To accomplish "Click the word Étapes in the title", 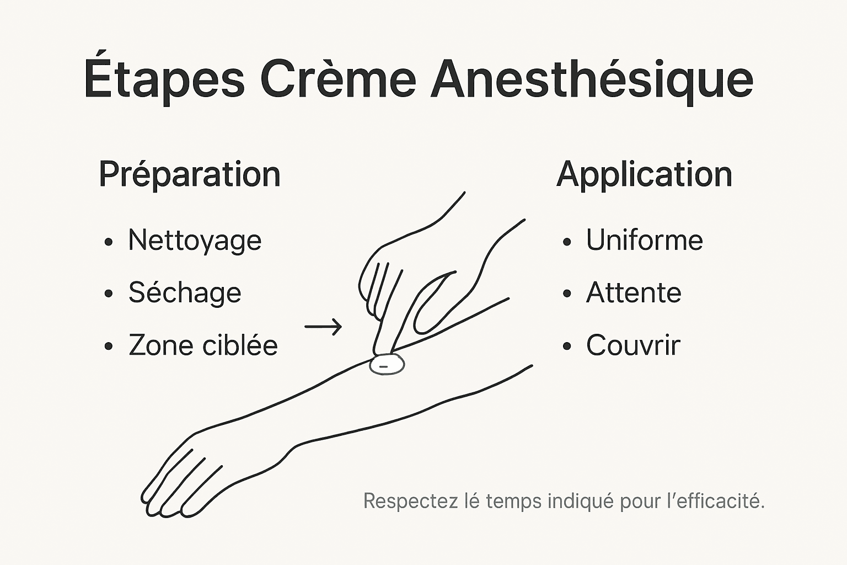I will pyautogui.click(x=164, y=78).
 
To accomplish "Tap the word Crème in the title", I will pyautogui.click(x=338, y=78).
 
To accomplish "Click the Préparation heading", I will pyautogui.click(x=190, y=175).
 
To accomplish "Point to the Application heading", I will pyautogui.click(x=644, y=175).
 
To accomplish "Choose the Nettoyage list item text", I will pyautogui.click(x=195, y=241).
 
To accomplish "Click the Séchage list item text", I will pyautogui.click(x=185, y=292).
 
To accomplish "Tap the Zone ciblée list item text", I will pyautogui.click(x=203, y=345).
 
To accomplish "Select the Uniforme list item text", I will pyautogui.click(x=644, y=240).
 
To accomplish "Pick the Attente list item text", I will pyautogui.click(x=634, y=292).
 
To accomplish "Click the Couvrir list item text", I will pyautogui.click(x=633, y=345).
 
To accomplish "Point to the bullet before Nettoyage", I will pyautogui.click(x=109, y=242).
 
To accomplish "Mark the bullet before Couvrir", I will pyautogui.click(x=567, y=347).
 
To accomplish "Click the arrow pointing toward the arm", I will pyautogui.click(x=323, y=327).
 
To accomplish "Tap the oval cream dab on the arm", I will pyautogui.click(x=387, y=365).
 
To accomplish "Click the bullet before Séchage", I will pyautogui.click(x=109, y=294).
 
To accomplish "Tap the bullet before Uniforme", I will pyautogui.click(x=567, y=242).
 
